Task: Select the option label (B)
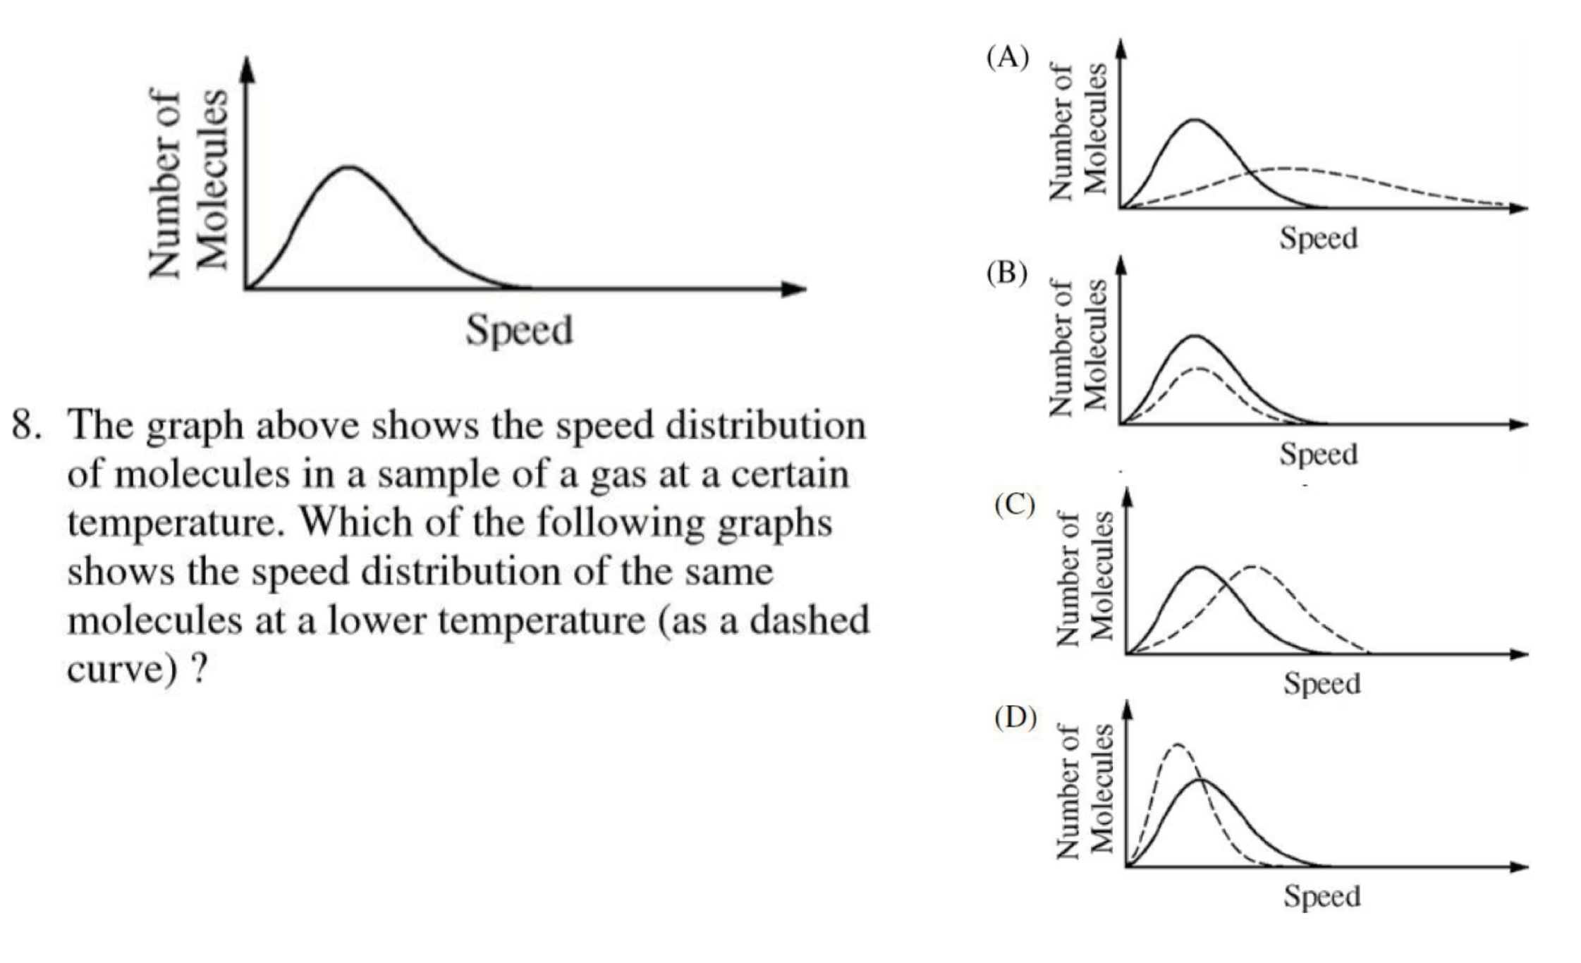(1006, 273)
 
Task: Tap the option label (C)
(1014, 505)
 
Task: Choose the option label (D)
(1015, 717)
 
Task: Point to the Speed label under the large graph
(519, 330)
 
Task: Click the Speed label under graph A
(1318, 238)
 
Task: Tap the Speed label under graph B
(1318, 454)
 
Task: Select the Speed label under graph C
(1321, 683)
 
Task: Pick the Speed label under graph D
(1321, 897)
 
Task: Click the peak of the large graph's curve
(350, 168)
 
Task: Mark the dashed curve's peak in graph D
(1176, 744)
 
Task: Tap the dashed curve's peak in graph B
(1197, 368)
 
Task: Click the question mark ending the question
(199, 668)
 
